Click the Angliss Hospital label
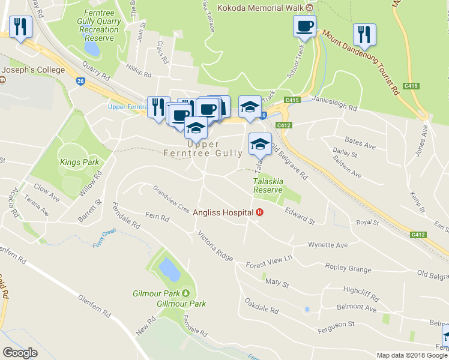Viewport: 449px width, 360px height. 222,212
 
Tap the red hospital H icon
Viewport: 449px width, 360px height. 259,212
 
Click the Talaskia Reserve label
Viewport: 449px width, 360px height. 267,185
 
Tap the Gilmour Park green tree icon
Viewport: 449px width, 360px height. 185,293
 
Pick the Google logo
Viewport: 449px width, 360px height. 20,353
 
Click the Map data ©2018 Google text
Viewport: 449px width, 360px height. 411,355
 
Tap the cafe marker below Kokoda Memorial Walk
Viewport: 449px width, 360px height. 304,26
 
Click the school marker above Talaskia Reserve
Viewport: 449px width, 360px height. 259,144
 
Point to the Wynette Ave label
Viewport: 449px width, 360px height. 328,245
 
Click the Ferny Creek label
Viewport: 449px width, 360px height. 104,239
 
